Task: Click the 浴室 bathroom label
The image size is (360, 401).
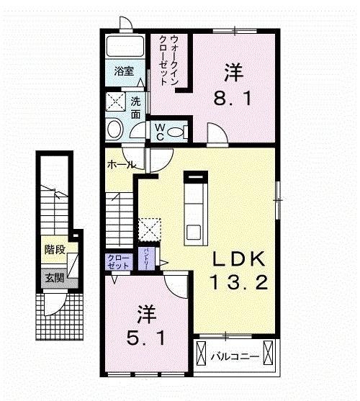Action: click(124, 71)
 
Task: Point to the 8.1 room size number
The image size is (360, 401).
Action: click(233, 96)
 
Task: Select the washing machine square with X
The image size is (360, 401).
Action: click(116, 101)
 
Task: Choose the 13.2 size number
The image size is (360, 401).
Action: click(238, 281)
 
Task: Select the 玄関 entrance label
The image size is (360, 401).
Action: click(53, 277)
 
